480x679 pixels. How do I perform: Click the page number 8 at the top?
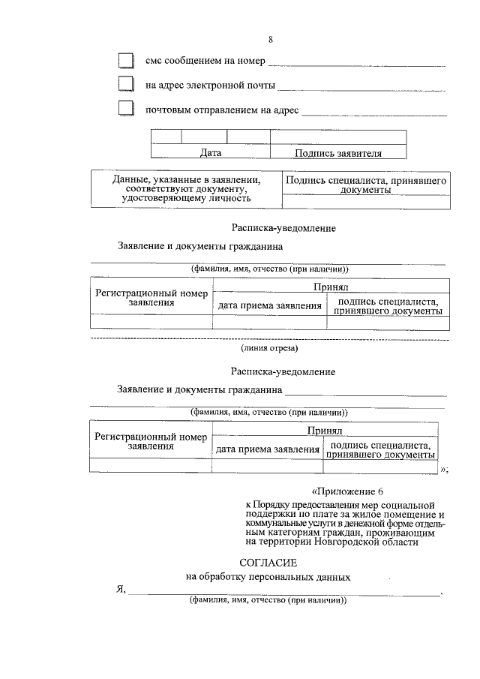click(x=270, y=40)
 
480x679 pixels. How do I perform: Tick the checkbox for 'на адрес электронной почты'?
click(x=125, y=84)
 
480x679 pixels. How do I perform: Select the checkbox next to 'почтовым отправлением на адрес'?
click(x=125, y=109)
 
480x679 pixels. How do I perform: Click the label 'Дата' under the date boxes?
click(x=211, y=153)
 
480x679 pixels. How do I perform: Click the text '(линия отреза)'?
click(x=269, y=348)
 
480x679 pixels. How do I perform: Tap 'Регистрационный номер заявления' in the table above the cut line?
click(x=151, y=298)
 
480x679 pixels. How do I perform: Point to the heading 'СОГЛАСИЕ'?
click(x=268, y=562)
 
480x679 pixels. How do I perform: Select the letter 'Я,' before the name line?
click(x=120, y=590)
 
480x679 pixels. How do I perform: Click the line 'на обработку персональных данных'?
click(x=268, y=577)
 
